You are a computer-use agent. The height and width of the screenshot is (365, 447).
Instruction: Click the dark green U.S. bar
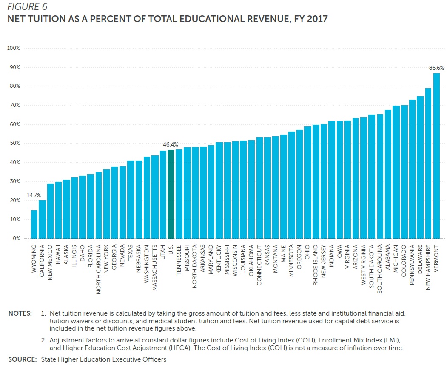[171, 194]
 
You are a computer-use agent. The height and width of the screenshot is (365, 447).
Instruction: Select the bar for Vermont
[436, 156]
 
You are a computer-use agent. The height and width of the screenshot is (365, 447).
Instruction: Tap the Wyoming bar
[34, 224]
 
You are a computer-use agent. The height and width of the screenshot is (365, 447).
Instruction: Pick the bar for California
[42, 219]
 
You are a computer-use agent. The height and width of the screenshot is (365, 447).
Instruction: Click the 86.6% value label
[436, 68]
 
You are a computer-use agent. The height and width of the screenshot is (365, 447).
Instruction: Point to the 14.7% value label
[34, 195]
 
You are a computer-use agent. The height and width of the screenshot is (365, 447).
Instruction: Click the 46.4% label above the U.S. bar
[171, 145]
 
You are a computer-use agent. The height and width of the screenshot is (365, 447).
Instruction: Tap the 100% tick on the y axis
[14, 48]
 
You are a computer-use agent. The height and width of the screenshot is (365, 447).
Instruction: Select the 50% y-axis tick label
[15, 144]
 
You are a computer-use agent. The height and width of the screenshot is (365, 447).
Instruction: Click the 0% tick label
[16, 239]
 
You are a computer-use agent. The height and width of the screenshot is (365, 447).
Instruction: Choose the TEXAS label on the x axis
[131, 253]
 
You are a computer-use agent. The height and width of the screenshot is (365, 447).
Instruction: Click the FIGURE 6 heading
[26, 7]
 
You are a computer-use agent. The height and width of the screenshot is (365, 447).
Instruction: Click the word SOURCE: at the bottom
[23, 359]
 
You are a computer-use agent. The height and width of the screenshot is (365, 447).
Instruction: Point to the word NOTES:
[20, 313]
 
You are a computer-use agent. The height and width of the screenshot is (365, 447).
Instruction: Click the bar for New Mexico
[50, 211]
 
